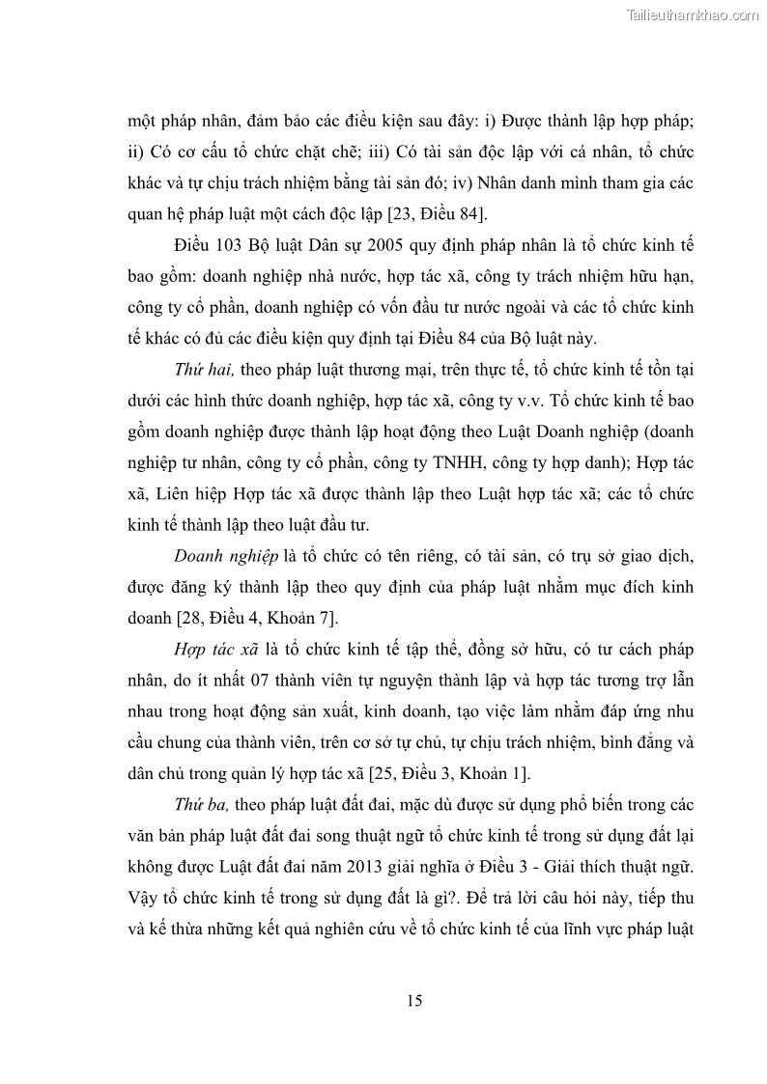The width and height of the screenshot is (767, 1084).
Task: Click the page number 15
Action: point(414,1000)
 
